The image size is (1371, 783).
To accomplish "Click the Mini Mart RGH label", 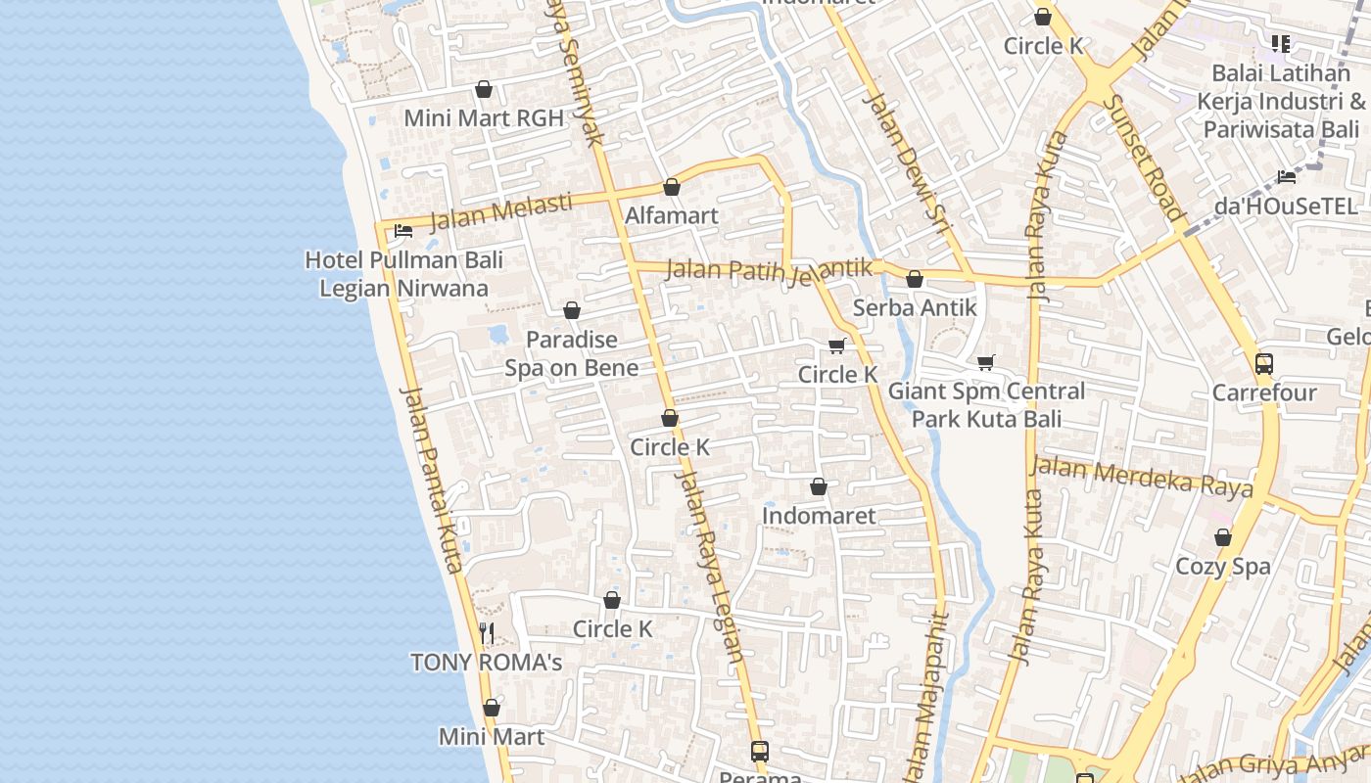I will (484, 118).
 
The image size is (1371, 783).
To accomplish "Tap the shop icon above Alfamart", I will (672, 187).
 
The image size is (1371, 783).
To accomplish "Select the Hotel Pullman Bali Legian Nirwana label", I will (403, 274).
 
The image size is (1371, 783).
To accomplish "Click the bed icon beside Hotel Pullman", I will (402, 231).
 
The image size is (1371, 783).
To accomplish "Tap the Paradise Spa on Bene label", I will (572, 353).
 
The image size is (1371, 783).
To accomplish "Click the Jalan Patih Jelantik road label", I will (769, 269).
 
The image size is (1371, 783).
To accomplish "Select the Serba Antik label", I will (915, 307).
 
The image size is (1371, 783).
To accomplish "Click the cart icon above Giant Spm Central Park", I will (986, 363).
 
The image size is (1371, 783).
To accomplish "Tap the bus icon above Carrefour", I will (1264, 364).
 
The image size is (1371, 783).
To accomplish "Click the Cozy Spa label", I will (1223, 566).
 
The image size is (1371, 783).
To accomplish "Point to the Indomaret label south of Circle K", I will (819, 515).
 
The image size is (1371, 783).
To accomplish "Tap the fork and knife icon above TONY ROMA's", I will (487, 633).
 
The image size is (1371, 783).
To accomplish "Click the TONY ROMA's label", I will (486, 663).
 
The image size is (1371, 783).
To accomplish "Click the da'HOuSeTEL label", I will (1286, 207).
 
